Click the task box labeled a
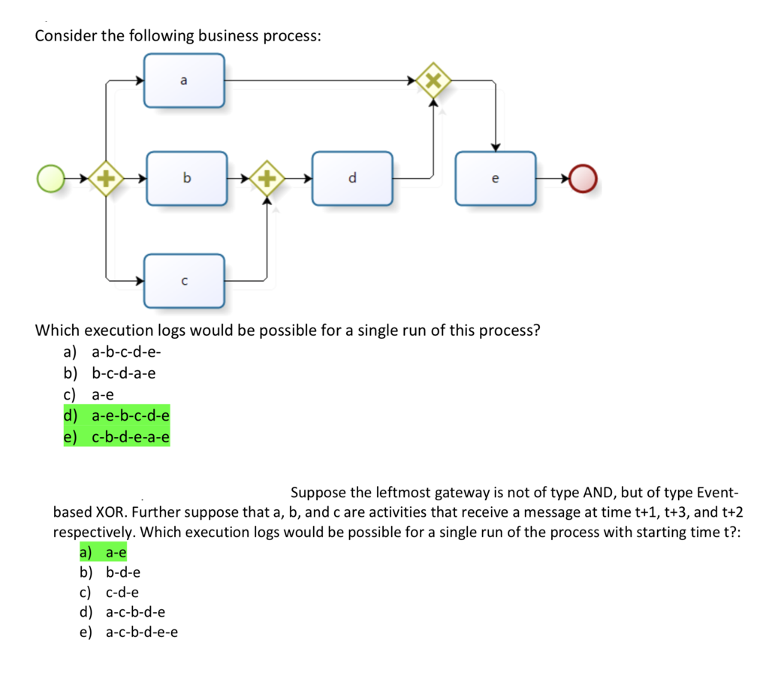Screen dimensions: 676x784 (x=185, y=80)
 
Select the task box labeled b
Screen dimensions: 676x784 (x=187, y=179)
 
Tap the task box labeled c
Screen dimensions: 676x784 (x=185, y=281)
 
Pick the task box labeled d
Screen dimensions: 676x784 (x=352, y=179)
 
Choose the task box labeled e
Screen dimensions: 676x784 (x=495, y=179)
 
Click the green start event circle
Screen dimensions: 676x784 (x=52, y=179)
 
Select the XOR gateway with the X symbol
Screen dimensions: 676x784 (x=433, y=80)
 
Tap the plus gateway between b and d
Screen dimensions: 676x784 (x=266, y=179)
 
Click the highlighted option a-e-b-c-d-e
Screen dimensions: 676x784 (x=130, y=415)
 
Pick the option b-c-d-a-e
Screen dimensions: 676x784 (x=123, y=373)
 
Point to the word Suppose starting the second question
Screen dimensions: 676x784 (x=315, y=493)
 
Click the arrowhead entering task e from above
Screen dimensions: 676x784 (x=495, y=146)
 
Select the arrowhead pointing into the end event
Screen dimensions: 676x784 (x=566, y=179)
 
